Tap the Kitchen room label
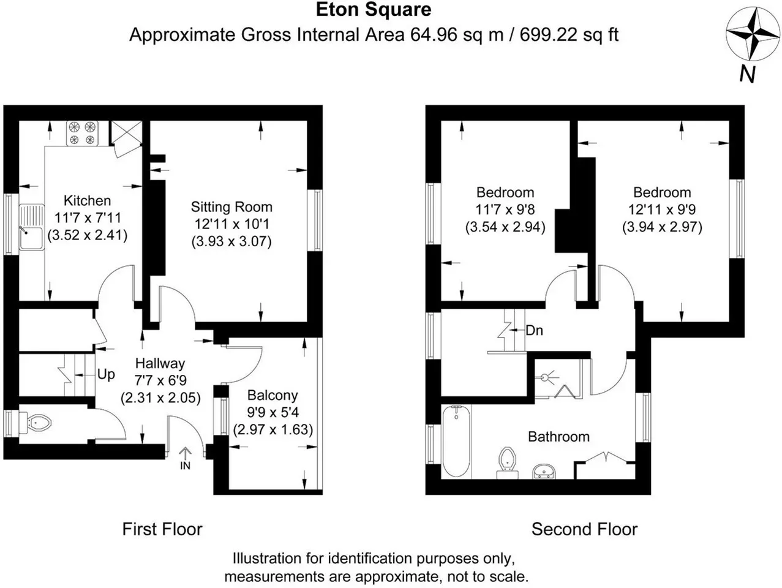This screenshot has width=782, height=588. (x=88, y=201)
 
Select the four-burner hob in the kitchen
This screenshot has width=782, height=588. (x=82, y=134)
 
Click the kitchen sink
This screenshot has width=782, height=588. (x=32, y=227)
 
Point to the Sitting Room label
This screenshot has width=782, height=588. (x=231, y=207)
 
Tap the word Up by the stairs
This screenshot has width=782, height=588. (x=106, y=375)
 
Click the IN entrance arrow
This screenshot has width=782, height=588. (x=186, y=458)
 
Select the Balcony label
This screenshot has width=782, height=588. (x=273, y=396)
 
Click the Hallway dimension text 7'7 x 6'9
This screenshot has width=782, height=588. (x=160, y=380)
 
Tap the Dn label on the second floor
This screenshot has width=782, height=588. (x=535, y=330)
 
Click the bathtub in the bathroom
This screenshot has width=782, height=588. (x=456, y=441)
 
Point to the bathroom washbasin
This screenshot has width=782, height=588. (x=544, y=471)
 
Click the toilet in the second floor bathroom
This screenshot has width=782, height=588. (x=508, y=463)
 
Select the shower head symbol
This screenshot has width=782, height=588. (x=546, y=377)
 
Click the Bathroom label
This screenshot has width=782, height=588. (x=558, y=437)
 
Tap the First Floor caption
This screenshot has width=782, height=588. (x=162, y=529)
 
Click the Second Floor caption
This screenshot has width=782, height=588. (x=584, y=529)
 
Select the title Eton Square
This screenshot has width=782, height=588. (x=374, y=10)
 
